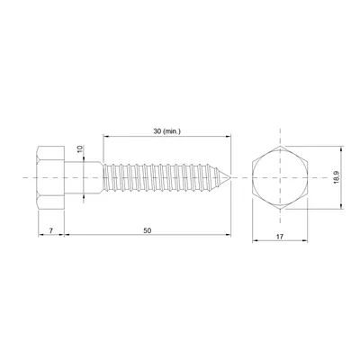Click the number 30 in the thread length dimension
157,131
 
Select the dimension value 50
148,231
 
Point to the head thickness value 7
52,231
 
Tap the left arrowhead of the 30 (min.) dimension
106,137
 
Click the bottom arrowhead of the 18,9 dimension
343,207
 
